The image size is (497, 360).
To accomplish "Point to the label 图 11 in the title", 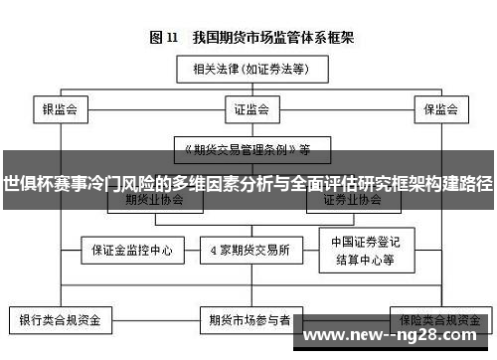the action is [163, 38].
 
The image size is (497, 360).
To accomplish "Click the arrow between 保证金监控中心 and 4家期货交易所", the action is [189, 249].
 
